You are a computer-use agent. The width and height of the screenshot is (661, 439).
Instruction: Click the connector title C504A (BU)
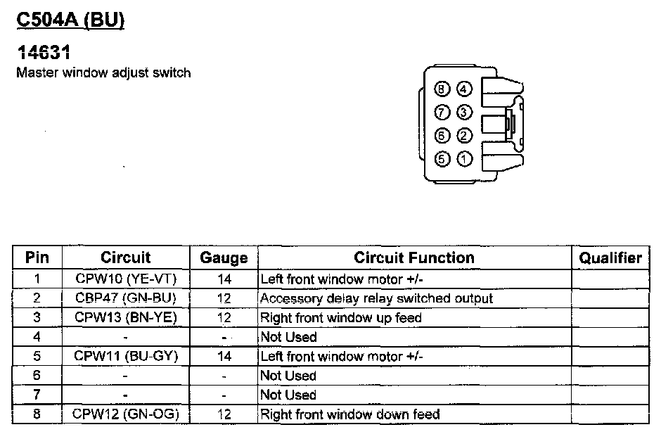tap(70, 21)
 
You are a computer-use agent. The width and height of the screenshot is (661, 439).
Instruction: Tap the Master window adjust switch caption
tap(103, 72)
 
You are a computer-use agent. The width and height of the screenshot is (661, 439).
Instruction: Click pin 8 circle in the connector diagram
tap(442, 89)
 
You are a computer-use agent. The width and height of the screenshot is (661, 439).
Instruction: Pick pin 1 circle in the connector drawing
tap(464, 159)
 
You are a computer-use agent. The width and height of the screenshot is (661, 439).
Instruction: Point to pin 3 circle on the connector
tap(464, 113)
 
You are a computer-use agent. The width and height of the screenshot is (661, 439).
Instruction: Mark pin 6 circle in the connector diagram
tap(442, 136)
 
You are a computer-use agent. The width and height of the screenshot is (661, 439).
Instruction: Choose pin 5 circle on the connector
tap(442, 159)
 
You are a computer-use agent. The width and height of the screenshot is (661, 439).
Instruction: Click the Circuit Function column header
tap(413, 257)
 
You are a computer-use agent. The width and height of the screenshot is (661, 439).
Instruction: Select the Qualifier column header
tap(610, 257)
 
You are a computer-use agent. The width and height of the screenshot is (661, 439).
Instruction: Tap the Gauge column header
tap(224, 257)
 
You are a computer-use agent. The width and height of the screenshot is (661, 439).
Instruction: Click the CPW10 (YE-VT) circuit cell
tap(126, 279)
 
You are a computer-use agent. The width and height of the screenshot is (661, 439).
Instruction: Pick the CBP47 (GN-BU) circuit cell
tap(126, 298)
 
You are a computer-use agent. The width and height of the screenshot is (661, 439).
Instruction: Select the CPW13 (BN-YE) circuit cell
tap(126, 317)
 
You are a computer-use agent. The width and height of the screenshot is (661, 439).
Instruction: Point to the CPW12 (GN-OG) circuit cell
tap(126, 414)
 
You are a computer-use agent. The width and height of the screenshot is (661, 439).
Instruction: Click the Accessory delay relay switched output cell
tap(376, 298)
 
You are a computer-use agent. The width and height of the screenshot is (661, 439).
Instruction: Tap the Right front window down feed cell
tap(349, 414)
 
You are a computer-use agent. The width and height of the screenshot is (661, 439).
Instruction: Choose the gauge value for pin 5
tap(224, 356)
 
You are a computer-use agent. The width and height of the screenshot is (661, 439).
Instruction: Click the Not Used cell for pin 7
tap(288, 395)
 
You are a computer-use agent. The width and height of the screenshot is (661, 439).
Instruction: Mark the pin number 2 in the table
tap(37, 298)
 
